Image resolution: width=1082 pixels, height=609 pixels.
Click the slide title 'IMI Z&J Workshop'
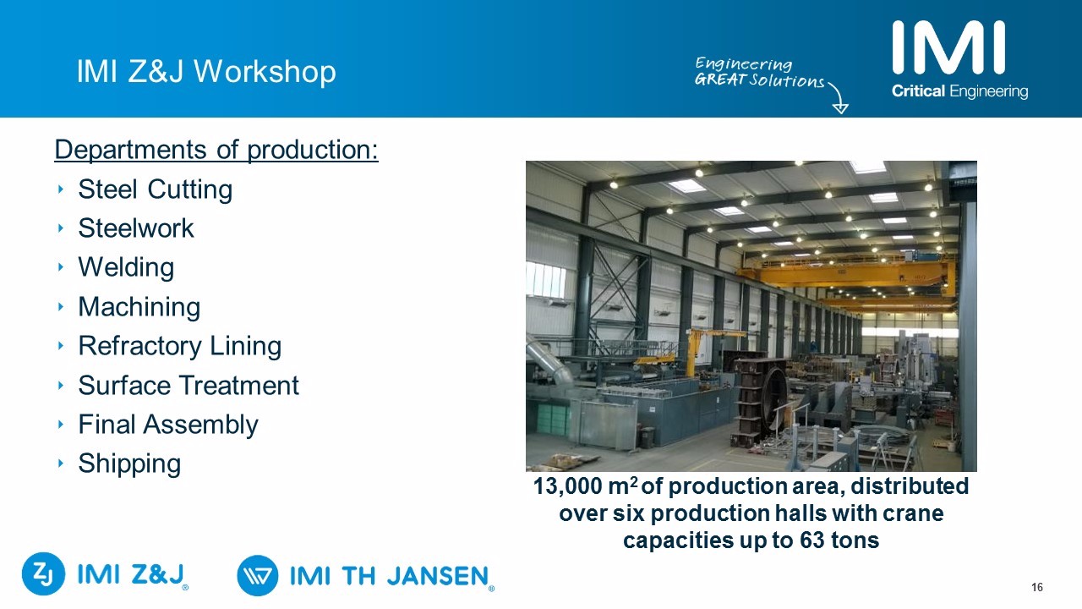click(206, 72)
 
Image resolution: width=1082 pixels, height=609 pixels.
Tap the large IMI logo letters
click(948, 47)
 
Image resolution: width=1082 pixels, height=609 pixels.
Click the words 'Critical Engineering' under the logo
click(959, 91)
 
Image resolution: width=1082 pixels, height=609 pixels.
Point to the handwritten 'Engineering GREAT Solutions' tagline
click(759, 72)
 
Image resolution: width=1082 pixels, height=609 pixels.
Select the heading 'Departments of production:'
click(216, 150)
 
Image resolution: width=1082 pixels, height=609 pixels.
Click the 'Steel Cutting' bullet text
click(155, 189)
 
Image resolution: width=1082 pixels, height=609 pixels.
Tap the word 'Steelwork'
click(136, 228)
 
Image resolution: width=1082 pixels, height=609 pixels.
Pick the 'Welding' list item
click(126, 267)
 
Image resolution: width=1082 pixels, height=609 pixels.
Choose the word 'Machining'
click(139, 307)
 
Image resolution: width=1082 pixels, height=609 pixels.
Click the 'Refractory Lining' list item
click(180, 346)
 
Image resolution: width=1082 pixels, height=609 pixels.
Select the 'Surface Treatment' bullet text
click(189, 385)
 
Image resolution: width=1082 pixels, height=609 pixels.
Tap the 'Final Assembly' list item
click(168, 425)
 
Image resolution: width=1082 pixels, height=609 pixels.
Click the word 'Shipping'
click(129, 464)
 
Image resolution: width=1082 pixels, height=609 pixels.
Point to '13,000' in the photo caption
click(567, 486)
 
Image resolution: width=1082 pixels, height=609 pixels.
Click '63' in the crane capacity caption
click(812, 540)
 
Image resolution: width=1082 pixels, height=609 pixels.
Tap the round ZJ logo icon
click(43, 573)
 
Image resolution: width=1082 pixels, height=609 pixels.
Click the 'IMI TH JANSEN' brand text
click(389, 576)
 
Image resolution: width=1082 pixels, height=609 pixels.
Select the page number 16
click(1037, 587)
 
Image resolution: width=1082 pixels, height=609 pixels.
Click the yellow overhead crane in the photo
click(850, 273)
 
